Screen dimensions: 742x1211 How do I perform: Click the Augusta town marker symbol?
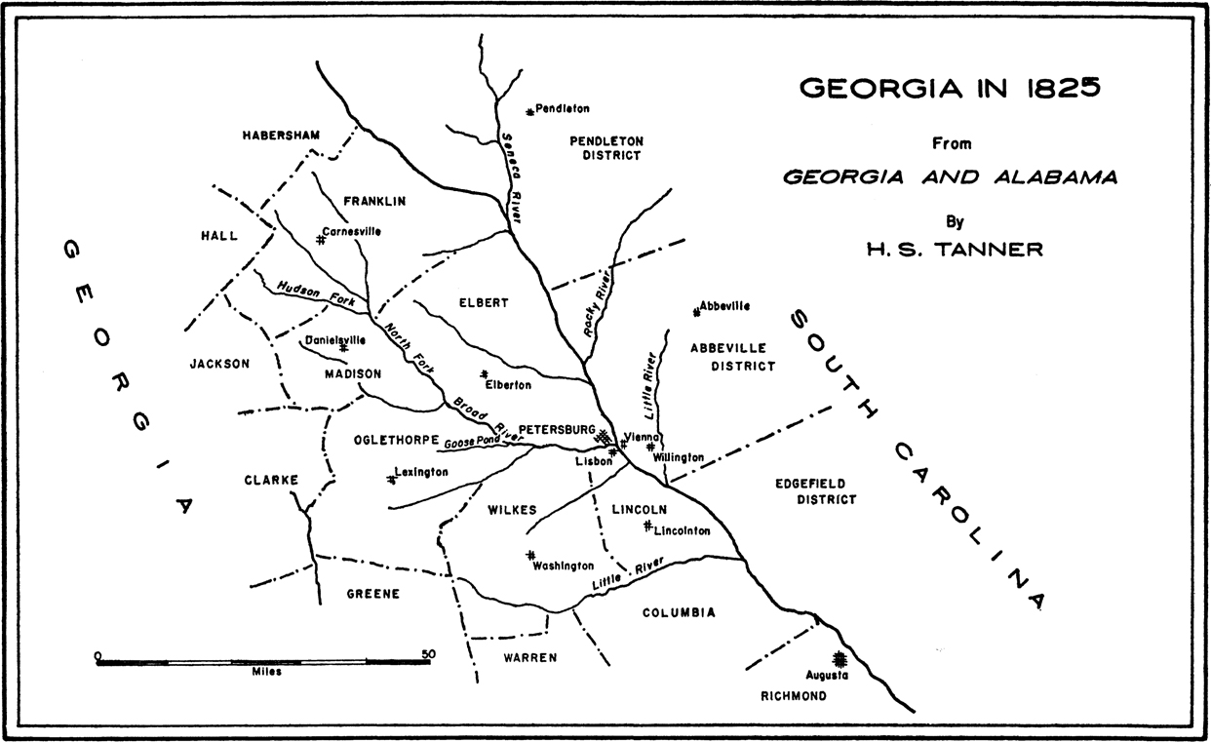pyautogui.click(x=837, y=658)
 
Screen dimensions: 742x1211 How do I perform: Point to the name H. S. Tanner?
pyautogui.click(x=955, y=250)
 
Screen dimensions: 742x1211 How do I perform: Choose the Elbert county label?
pyautogui.click(x=484, y=302)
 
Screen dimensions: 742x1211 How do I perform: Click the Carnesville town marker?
pyautogui.click(x=320, y=238)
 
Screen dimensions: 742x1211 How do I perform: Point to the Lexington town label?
pyautogui.click(x=421, y=472)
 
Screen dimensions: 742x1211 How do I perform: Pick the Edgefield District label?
pyautogui.click(x=815, y=491)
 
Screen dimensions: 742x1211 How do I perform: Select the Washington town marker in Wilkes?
pyautogui.click(x=530, y=555)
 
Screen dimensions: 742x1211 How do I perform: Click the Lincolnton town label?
pyautogui.click(x=683, y=531)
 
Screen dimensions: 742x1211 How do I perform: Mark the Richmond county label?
pyautogui.click(x=793, y=696)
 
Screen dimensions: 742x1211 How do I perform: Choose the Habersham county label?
pyautogui.click(x=281, y=135)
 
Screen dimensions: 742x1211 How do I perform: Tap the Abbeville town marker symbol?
pyautogui.click(x=696, y=312)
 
